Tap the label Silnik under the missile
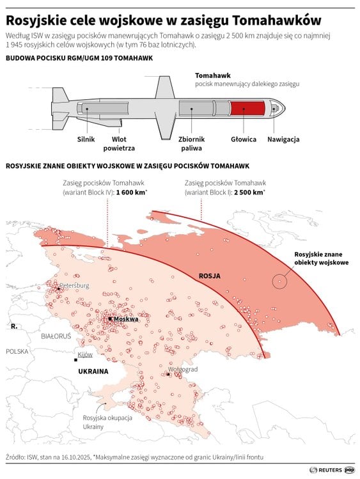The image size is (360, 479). click(86, 139)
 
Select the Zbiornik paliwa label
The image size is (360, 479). click(191, 143)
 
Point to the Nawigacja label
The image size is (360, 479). click(283, 139)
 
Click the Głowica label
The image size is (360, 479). click(244, 139)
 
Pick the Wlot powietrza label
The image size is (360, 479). click(119, 143)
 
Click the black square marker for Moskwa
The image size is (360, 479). click(111, 318)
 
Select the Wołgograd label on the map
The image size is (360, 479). click(182, 370)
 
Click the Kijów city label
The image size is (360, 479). click(85, 354)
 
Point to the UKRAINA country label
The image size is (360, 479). click(93, 371)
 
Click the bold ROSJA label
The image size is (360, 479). click(209, 276)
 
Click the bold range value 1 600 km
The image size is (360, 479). click(130, 192)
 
